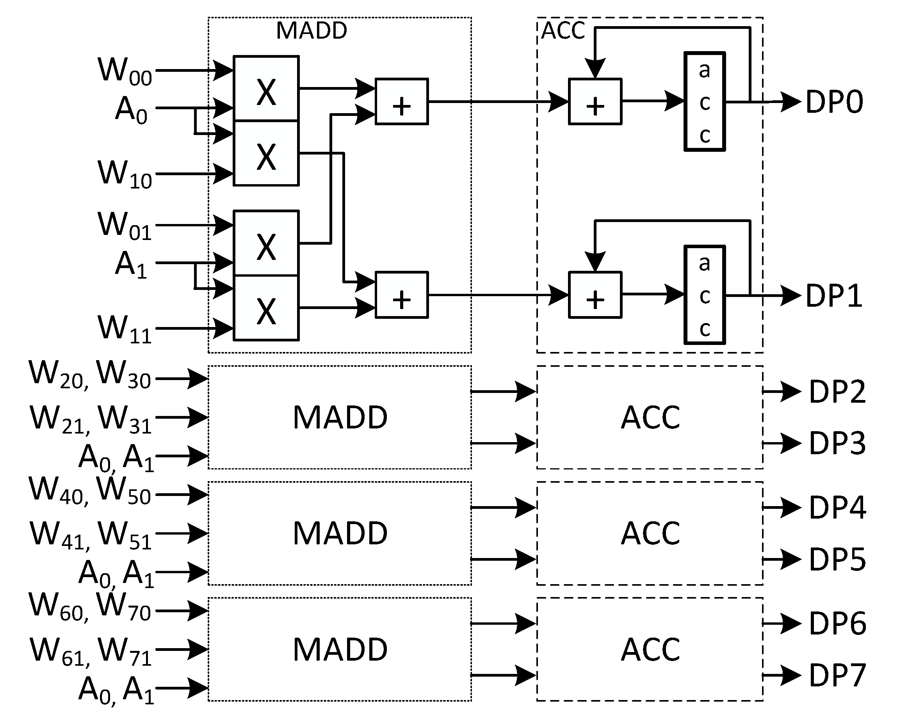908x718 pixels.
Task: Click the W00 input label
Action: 125,71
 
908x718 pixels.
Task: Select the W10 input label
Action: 125,174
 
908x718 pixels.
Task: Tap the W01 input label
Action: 125,226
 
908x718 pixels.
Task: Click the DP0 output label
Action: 834,102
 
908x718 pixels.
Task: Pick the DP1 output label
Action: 834,296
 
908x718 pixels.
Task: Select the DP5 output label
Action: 837,560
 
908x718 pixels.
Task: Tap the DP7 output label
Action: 837,675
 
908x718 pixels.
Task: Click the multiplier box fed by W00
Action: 266,88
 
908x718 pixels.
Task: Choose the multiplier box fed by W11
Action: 266,308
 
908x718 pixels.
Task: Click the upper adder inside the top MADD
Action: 402,102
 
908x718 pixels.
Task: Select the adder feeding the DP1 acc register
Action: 595,295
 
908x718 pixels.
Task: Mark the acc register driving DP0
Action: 705,101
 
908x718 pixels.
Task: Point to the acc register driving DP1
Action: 705,295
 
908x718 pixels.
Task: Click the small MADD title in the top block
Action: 312,31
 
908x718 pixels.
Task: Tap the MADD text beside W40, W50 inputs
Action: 340,533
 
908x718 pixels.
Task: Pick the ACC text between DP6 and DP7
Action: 650,649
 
